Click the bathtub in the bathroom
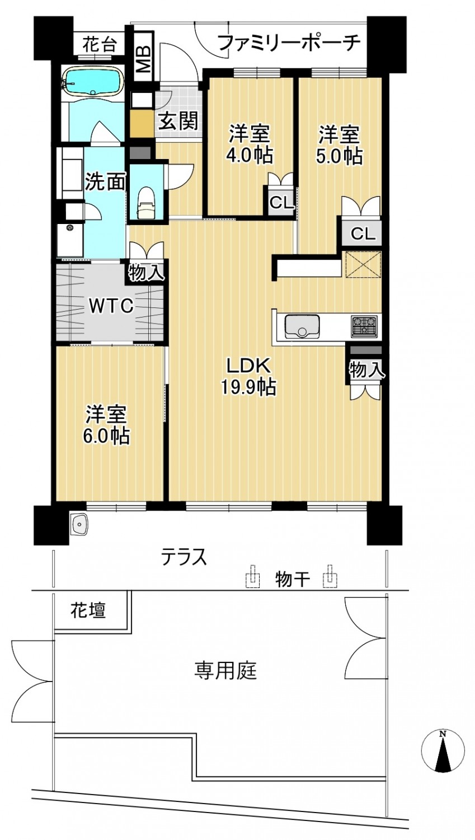tap(93, 82)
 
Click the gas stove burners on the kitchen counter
tap(364, 325)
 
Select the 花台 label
tap(99, 45)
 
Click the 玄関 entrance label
tap(177, 121)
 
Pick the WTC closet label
tap(111, 306)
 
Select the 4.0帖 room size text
tap(251, 155)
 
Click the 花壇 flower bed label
tap(88, 610)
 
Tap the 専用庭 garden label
tap(225, 670)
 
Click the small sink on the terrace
tap(79, 523)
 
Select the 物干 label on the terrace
tap(293, 580)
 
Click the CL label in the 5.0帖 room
tap(363, 234)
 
